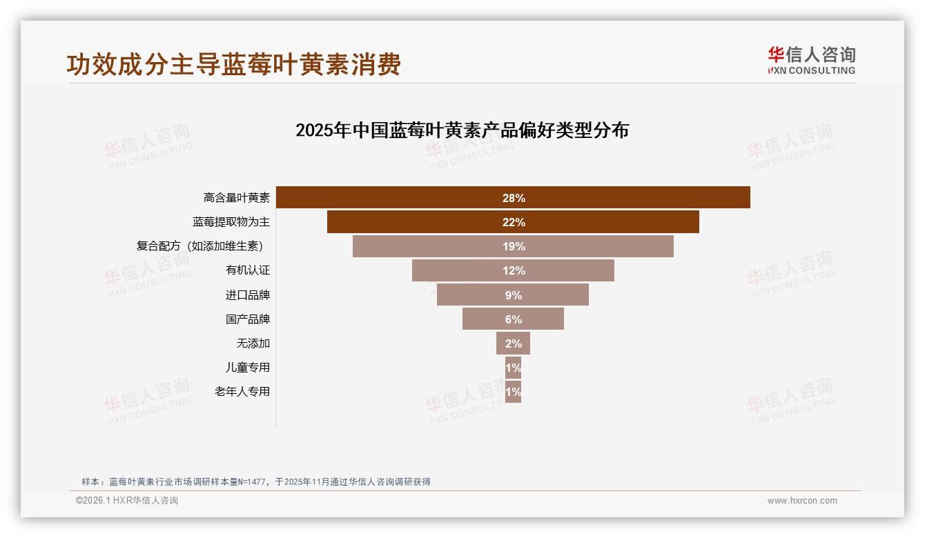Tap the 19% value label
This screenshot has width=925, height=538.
coord(514,246)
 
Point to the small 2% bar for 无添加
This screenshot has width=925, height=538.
coord(513,343)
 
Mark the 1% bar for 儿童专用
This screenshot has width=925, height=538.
coord(513,367)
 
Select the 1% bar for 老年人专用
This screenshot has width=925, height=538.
coord(513,391)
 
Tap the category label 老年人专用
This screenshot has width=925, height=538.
coord(242,391)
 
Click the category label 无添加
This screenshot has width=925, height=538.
coord(253,343)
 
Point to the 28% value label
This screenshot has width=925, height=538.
coord(514,198)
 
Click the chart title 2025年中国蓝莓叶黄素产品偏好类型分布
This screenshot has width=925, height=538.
coord(462,130)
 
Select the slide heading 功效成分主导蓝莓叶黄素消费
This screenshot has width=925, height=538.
coord(233,65)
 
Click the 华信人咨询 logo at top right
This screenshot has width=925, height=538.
coord(811,60)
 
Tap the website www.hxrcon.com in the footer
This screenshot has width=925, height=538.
coord(801,501)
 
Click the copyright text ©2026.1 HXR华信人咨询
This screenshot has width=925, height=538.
coord(126,501)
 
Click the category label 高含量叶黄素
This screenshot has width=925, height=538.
coord(236,198)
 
